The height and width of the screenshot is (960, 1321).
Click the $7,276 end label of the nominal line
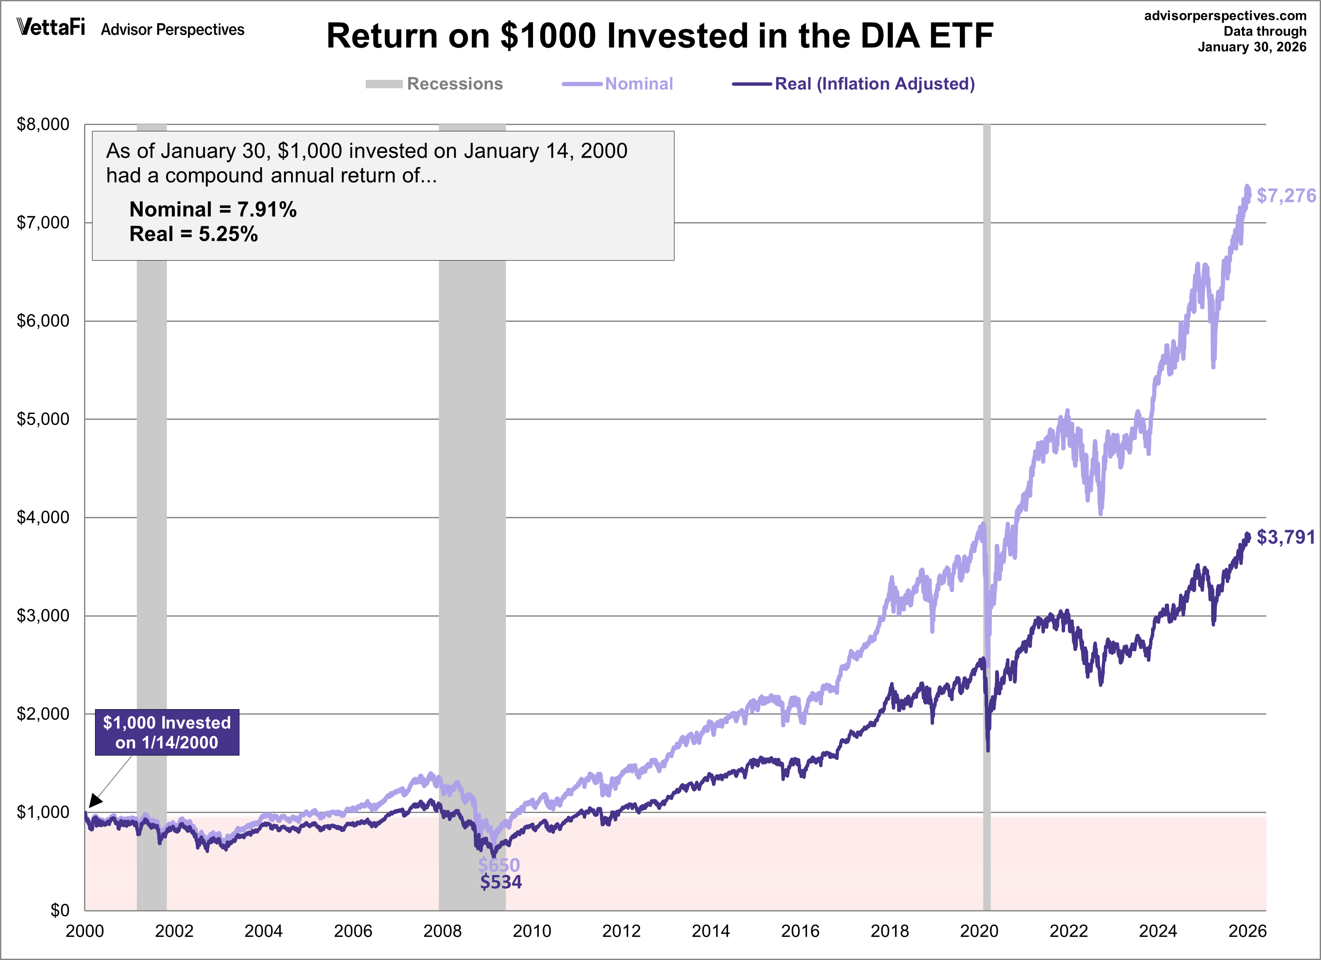click(1286, 196)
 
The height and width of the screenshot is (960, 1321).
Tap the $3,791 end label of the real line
click(1286, 537)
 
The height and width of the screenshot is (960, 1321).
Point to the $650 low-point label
click(499, 865)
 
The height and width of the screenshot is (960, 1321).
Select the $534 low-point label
click(501, 882)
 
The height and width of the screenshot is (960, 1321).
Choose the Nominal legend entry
click(618, 84)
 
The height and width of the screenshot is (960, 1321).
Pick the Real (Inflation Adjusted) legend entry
click(854, 84)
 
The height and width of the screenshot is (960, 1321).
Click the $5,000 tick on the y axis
click(43, 419)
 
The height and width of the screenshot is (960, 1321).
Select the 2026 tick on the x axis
click(1247, 931)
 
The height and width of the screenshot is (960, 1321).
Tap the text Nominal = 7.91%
click(212, 209)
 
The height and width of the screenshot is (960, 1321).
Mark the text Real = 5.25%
click(193, 234)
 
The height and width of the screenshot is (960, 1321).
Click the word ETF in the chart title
click(961, 36)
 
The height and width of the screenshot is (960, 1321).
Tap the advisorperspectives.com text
click(1225, 16)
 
